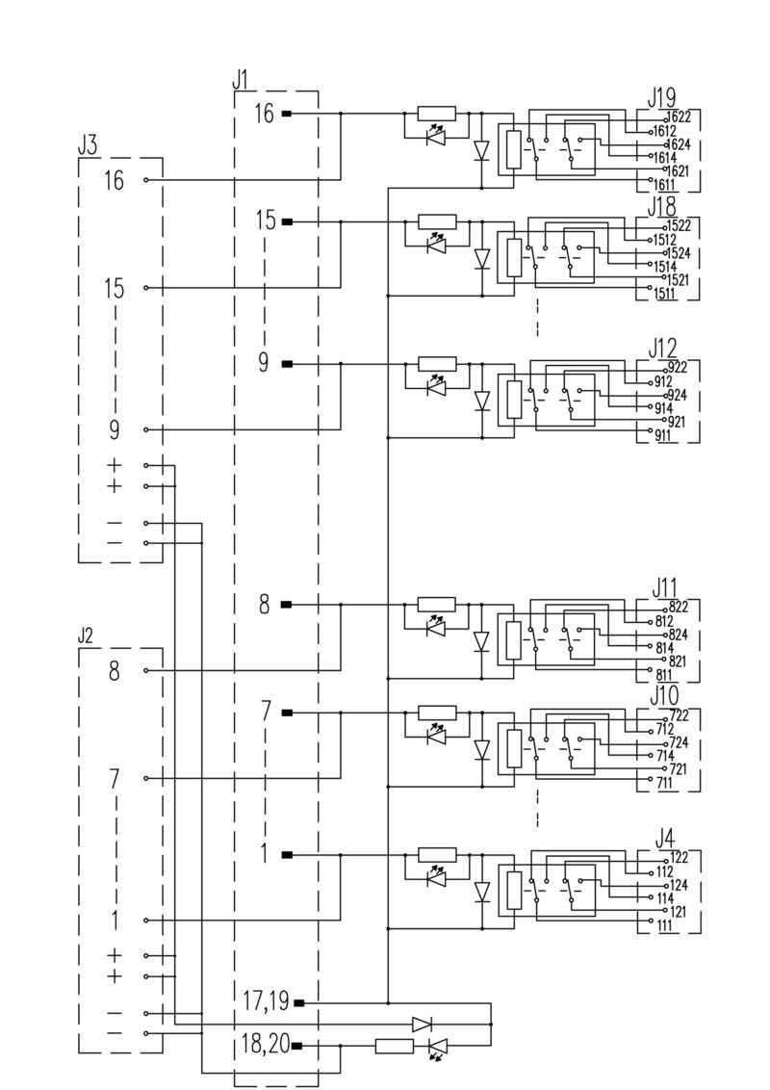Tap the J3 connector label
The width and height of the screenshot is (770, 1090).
[x=87, y=146]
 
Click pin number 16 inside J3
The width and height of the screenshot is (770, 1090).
[x=114, y=180]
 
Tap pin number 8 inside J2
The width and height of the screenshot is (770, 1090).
[x=114, y=670]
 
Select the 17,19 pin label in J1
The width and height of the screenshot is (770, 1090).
[x=266, y=1002]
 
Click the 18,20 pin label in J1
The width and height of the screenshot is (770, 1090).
[x=266, y=1045]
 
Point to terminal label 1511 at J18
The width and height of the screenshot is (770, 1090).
[x=663, y=293]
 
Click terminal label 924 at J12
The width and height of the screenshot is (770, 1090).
[x=676, y=395]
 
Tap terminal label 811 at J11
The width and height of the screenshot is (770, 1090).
[x=663, y=676]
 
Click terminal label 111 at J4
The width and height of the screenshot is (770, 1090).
[x=663, y=925]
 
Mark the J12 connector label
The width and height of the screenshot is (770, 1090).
[x=662, y=347]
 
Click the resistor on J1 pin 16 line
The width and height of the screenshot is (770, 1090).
[x=437, y=114]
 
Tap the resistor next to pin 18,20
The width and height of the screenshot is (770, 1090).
[x=395, y=1046]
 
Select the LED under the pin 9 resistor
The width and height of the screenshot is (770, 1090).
[x=436, y=388]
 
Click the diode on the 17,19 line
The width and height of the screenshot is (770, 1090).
[x=422, y=1024]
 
